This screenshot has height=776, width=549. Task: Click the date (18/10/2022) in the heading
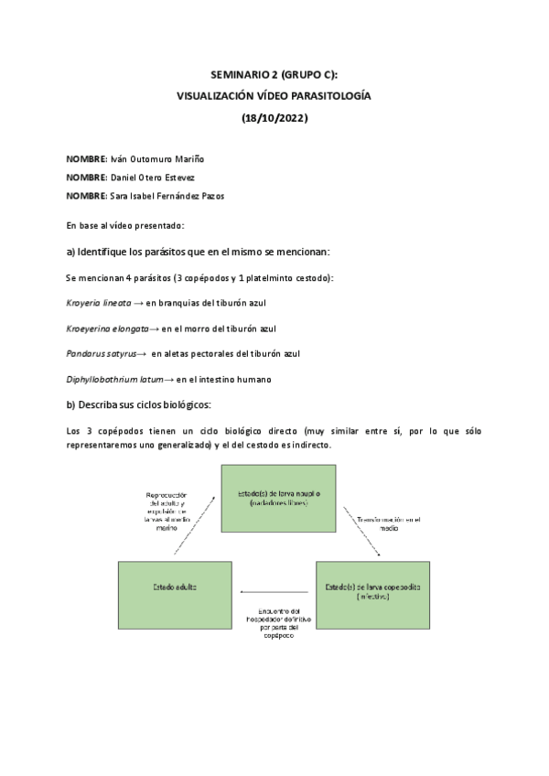(274, 117)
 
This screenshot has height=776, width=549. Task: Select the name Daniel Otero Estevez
(151, 178)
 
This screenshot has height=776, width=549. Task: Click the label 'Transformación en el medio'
(391, 524)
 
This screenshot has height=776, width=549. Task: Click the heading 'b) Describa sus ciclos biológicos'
(139, 404)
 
